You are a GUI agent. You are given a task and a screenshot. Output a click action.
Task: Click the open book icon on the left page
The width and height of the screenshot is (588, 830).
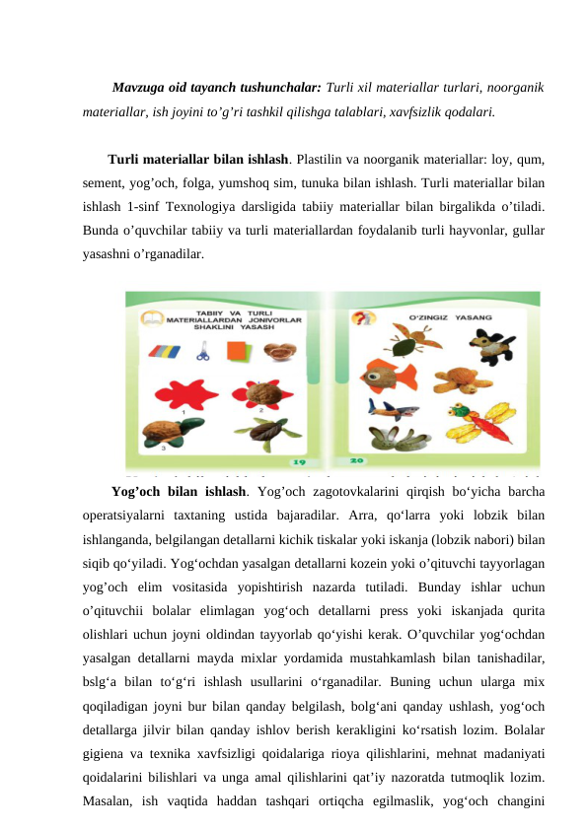pos(150,317)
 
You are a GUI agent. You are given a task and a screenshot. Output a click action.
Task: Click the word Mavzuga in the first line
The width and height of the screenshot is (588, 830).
pos(141,87)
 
